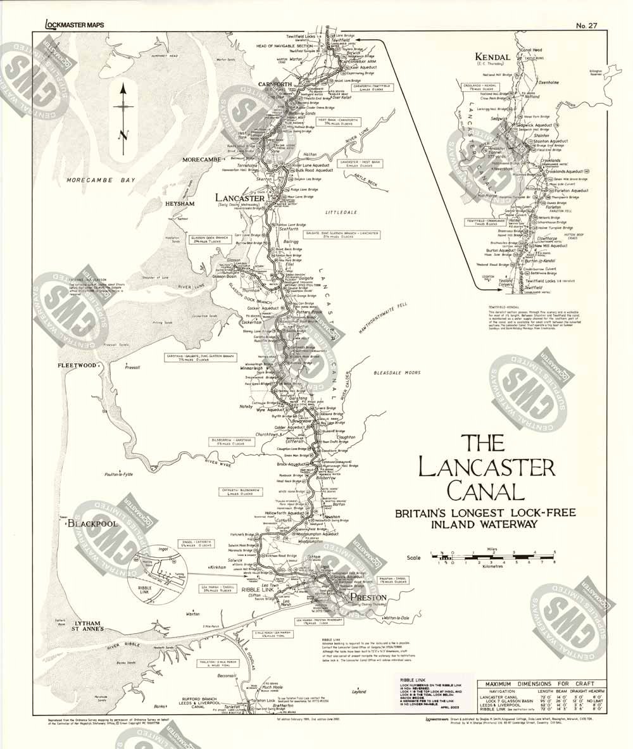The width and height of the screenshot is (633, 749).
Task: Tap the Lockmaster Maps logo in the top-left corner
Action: point(75,25)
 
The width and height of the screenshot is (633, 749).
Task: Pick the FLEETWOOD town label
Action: point(77,365)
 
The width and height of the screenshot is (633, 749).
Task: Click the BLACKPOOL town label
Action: point(94,525)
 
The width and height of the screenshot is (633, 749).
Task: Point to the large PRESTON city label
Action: point(363,597)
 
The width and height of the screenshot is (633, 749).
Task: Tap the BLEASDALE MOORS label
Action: point(397,373)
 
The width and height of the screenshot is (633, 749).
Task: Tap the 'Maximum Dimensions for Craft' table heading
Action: point(536,684)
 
